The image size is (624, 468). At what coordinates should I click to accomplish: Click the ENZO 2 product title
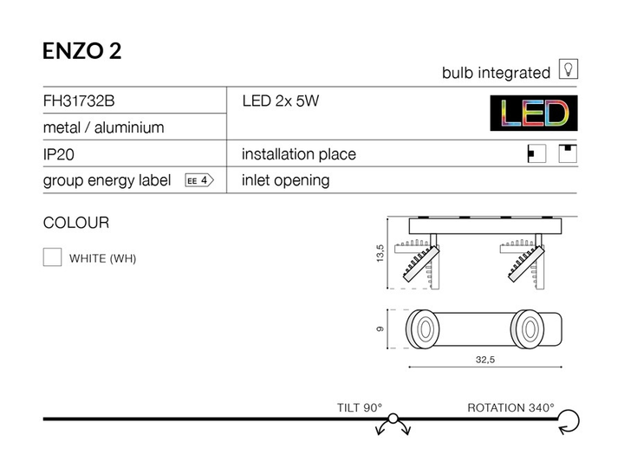point(82,51)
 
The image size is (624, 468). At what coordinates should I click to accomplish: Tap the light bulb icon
point(569,68)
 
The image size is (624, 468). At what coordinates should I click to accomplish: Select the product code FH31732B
point(79,101)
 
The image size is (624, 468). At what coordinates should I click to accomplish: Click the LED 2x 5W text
point(281,101)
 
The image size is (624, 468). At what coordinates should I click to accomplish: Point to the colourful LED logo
point(534,113)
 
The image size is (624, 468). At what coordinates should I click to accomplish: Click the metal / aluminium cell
point(103,127)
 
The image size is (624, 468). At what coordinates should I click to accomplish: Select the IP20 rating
point(59,154)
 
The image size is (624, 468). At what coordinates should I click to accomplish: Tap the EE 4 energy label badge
point(199,180)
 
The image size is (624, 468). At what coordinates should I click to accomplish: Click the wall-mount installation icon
point(536,153)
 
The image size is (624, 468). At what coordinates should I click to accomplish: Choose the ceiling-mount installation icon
point(568,153)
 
